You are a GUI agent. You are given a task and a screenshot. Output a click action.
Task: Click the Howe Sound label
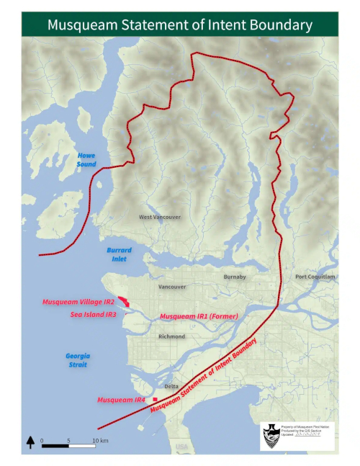coord(86,160)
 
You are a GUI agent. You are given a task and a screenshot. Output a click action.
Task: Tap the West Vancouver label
coord(160,217)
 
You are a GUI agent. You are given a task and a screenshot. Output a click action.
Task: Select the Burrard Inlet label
coord(119,254)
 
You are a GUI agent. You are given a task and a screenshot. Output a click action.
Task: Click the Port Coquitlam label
coord(315,277)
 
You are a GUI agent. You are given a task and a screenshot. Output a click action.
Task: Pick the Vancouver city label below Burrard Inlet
coord(172,287)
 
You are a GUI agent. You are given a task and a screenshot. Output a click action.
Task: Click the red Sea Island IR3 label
coord(93,314)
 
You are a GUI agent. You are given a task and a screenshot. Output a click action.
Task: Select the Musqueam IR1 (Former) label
coord(199,316)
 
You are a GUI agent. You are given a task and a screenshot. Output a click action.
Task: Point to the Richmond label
coord(172,336)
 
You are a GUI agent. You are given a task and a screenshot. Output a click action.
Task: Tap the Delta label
coord(171,386)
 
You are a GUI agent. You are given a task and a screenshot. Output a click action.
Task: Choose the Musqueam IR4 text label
coord(122,399)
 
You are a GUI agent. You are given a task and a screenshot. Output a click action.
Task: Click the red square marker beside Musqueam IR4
coord(155,399)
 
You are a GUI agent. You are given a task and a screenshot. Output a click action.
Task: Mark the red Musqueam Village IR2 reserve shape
coord(124,301)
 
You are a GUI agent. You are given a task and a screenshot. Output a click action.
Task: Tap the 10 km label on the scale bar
coord(99,439)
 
